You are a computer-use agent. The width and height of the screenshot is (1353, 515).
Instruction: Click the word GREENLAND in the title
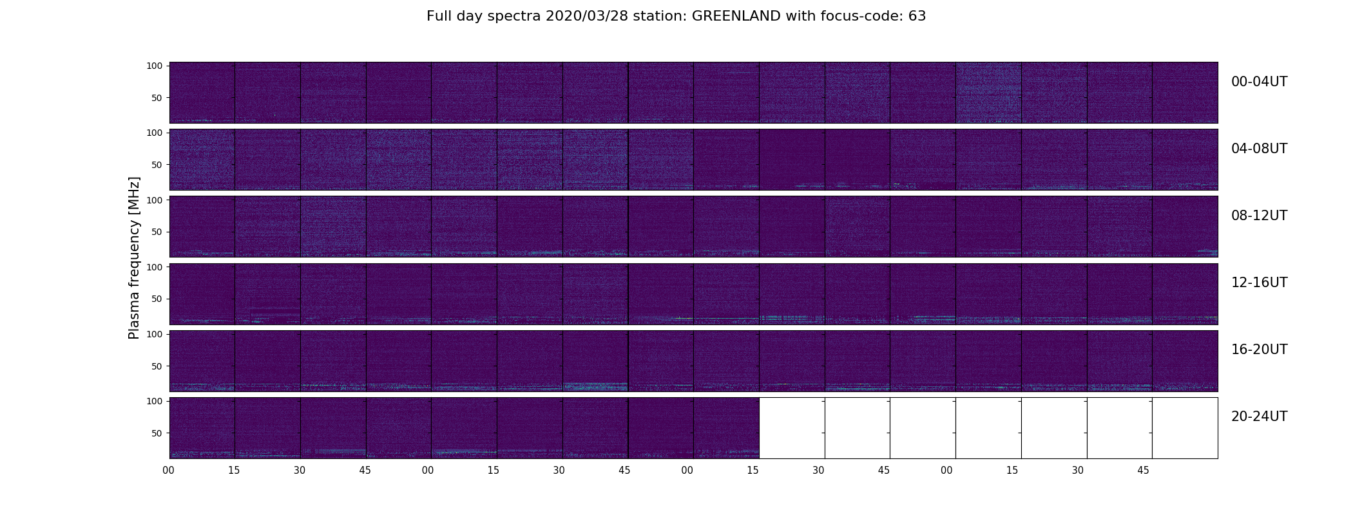tap(736, 16)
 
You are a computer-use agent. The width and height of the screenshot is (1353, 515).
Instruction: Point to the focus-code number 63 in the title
tap(917, 16)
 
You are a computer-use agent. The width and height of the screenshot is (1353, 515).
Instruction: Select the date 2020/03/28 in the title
tap(589, 16)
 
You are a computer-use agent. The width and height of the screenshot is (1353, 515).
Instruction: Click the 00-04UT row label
tap(1259, 82)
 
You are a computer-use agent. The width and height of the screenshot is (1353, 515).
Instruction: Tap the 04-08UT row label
tap(1259, 149)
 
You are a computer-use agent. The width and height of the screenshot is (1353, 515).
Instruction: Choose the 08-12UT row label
tap(1259, 216)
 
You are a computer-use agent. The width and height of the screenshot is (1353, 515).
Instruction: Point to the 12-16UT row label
tap(1259, 283)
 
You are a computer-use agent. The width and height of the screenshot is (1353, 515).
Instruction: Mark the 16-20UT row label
tap(1259, 350)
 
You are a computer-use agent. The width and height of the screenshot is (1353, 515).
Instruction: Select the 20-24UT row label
tap(1259, 417)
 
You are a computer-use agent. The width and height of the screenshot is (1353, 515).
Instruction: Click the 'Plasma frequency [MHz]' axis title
tap(134, 258)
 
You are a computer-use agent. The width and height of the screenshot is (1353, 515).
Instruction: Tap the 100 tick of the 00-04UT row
tap(155, 66)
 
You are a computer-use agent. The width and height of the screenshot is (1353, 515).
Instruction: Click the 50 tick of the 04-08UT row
tap(157, 165)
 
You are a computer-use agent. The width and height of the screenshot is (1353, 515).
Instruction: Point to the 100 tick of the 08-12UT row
tap(155, 200)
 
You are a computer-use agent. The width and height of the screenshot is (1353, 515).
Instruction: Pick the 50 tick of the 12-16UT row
tap(157, 299)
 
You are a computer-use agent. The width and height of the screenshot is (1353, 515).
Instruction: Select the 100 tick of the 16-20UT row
tap(155, 334)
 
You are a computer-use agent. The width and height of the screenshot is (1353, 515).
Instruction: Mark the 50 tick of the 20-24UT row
tap(157, 433)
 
